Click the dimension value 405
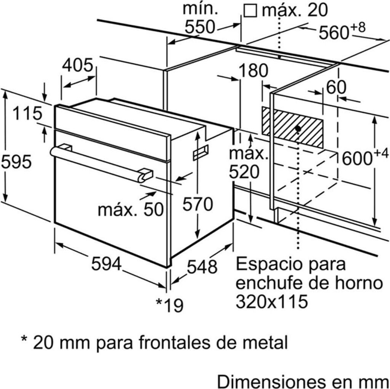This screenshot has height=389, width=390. pyautogui.click(x=77, y=65)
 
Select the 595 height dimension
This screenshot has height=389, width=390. pyautogui.click(x=16, y=162)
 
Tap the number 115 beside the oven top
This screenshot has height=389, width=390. pyautogui.click(x=26, y=113)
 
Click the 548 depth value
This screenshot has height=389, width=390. pyautogui.click(x=202, y=266)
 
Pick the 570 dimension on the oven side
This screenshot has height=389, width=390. pyautogui.click(x=197, y=205)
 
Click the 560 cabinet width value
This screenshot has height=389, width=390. pyautogui.click(x=334, y=33)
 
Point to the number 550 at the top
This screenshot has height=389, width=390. pyautogui.click(x=200, y=27)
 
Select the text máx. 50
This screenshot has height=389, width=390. pyautogui.click(x=130, y=209)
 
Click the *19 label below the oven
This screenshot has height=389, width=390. pyautogui.click(x=169, y=304)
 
